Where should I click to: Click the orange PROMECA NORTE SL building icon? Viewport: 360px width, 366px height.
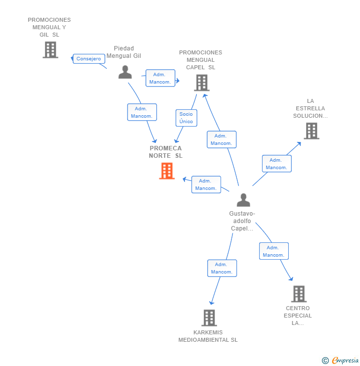(167, 171)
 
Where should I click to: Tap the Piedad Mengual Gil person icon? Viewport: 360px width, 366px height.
(125, 72)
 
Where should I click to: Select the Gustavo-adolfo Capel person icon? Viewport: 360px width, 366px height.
(243, 200)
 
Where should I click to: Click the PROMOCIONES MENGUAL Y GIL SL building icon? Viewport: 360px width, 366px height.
(50, 50)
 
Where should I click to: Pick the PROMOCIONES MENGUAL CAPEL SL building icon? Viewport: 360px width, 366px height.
(201, 83)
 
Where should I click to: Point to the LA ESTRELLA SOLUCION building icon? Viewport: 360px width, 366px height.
(311, 131)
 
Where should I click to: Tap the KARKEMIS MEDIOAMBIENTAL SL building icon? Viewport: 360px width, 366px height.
(209, 318)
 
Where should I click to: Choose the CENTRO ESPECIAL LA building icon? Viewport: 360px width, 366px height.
(299, 294)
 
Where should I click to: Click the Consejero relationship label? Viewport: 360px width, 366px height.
(89, 59)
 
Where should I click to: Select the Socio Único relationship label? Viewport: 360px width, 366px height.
(186, 118)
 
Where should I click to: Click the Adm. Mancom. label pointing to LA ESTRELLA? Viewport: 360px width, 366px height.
(276, 164)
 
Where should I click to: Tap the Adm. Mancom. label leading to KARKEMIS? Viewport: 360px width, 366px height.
(222, 268)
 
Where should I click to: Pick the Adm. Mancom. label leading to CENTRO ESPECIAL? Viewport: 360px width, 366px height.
(273, 251)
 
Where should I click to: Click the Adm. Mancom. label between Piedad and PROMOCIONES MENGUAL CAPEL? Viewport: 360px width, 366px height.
(160, 78)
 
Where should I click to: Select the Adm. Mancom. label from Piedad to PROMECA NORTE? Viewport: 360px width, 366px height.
(142, 112)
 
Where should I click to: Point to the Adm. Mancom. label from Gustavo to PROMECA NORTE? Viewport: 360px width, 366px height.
(206, 184)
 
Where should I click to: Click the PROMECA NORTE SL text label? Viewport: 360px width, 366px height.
(166, 152)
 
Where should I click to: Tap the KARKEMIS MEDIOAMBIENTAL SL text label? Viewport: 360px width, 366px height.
(208, 336)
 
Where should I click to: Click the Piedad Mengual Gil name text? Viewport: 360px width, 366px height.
(124, 52)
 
